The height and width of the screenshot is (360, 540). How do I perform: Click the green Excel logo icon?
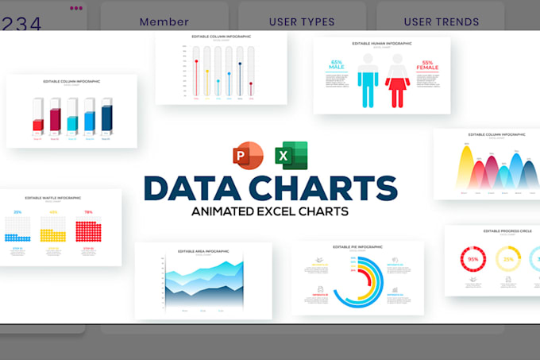coord(291,154)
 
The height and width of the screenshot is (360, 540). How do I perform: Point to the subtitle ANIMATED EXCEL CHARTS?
coord(270,212)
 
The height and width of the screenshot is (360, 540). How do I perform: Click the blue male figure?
coord(367,80)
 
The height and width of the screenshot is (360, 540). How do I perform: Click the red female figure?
coord(397,80)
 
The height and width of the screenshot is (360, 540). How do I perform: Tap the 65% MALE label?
coord(336,65)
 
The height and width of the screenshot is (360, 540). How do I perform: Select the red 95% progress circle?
coord(473,260)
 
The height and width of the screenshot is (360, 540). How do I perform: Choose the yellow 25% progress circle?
coord(508,260)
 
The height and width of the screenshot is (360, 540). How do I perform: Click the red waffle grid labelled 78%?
coord(88,230)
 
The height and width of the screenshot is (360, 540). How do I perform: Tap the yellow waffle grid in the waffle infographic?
coord(53,232)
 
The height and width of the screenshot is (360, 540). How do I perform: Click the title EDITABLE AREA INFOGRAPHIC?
coord(203,251)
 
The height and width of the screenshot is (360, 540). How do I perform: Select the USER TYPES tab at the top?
coord(302,22)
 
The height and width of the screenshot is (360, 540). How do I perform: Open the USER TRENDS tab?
coord(441,22)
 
